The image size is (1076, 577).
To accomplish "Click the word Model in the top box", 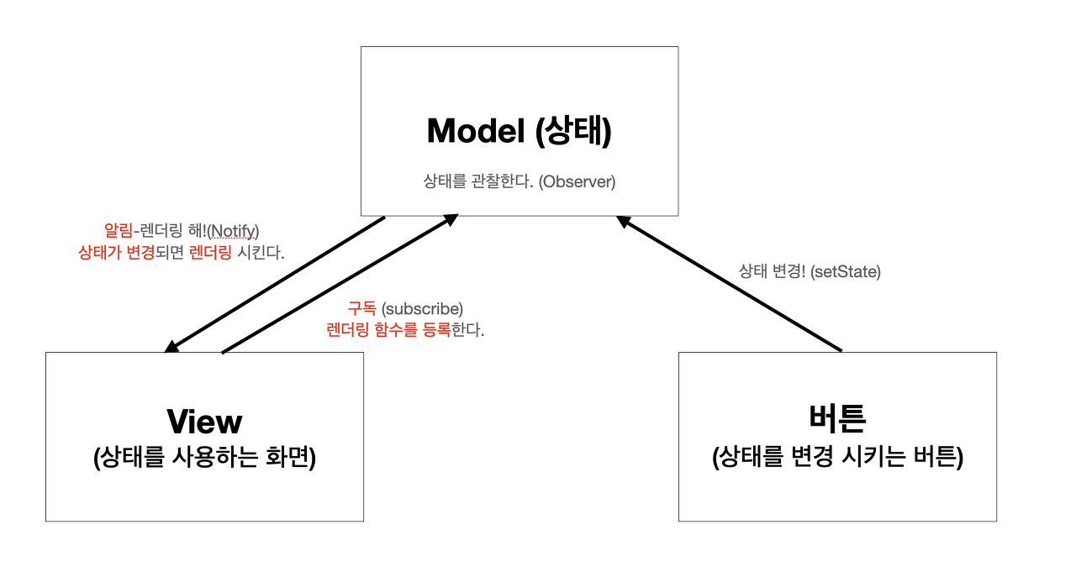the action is (x=473, y=131).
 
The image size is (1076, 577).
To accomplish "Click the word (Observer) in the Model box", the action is (x=578, y=181).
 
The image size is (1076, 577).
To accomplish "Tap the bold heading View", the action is (x=204, y=421).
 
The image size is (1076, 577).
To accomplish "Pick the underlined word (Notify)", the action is (x=234, y=230).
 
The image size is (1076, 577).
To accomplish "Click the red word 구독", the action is (x=363, y=308).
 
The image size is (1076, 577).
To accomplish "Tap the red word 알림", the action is (x=118, y=230).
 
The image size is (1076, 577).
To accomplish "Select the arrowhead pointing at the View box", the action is (x=171, y=346).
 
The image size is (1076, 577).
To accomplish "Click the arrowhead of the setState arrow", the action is (x=623, y=221).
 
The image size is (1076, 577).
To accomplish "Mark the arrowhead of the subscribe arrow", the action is (x=451, y=219).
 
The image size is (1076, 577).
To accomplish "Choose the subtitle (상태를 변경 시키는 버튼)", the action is (x=837, y=458).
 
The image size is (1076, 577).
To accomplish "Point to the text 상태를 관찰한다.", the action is (x=478, y=181).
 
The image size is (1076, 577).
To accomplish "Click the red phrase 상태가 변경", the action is (x=117, y=252).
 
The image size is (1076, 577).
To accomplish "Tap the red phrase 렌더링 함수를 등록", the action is (x=388, y=329).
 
